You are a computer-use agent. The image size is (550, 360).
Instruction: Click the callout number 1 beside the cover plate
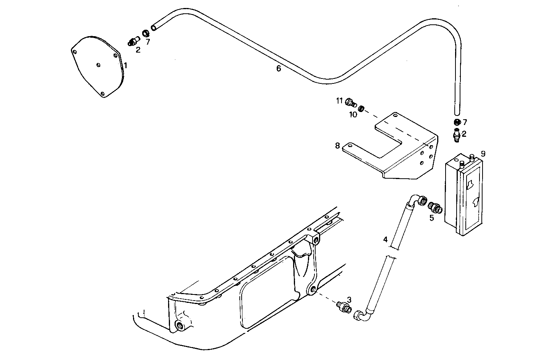click(125, 66)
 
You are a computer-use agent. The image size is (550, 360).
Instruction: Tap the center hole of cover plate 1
click(98, 65)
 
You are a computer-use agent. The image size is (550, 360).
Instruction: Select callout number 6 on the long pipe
click(279, 69)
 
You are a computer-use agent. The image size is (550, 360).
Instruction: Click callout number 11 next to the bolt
click(339, 101)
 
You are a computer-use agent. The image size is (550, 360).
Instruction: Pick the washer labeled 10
click(362, 109)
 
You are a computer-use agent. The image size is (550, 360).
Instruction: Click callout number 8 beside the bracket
click(337, 146)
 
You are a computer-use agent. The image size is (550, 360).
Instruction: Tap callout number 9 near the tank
click(483, 154)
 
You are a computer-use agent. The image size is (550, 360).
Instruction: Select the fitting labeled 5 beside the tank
click(435, 207)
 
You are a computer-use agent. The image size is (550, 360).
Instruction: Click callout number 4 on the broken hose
click(385, 239)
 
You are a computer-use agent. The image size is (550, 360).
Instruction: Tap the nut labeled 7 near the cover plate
click(146, 34)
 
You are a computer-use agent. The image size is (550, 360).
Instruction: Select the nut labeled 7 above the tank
click(457, 122)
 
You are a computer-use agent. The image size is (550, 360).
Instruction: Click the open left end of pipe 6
click(154, 27)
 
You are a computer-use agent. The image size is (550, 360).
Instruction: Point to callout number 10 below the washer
click(353, 114)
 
